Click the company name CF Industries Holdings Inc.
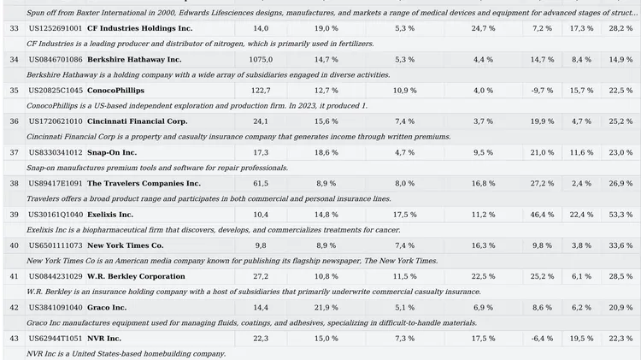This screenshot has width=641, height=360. click(140, 28)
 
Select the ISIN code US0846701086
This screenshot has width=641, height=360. click(56, 59)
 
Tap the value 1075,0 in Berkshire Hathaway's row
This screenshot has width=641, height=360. click(261, 59)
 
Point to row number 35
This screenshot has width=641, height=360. click(14, 91)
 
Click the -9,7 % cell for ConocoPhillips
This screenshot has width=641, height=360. click(542, 91)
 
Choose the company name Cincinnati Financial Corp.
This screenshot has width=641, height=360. click(138, 121)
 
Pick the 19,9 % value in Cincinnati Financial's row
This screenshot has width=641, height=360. click(542, 121)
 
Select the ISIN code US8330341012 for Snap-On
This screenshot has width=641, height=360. click(56, 152)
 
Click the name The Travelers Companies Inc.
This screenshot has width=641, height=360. click(144, 183)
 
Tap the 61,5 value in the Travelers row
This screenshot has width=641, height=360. click(261, 183)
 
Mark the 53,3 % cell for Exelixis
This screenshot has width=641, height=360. click(620, 215)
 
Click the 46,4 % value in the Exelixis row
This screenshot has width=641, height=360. click(542, 215)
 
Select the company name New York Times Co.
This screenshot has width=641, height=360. click(125, 245)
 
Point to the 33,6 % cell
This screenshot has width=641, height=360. click(620, 245)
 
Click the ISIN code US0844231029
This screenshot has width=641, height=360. click(56, 276)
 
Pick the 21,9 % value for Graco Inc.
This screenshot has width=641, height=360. click(326, 308)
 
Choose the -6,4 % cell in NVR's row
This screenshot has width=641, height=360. click(542, 339)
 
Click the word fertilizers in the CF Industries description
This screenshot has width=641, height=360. click(356, 44)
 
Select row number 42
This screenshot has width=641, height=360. click(14, 308)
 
